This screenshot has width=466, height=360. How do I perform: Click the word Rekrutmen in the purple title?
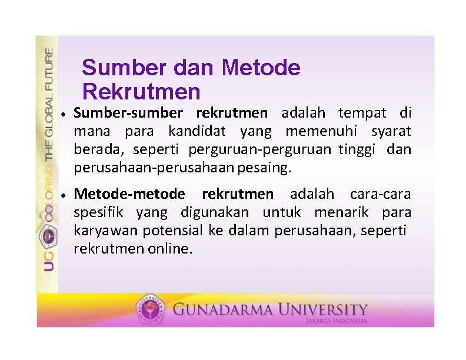pyautogui.click(x=141, y=92)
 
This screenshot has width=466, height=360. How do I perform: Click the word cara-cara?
pyautogui.click(x=380, y=194)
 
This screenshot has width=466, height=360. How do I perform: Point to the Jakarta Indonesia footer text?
pyautogui.click(x=337, y=321)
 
